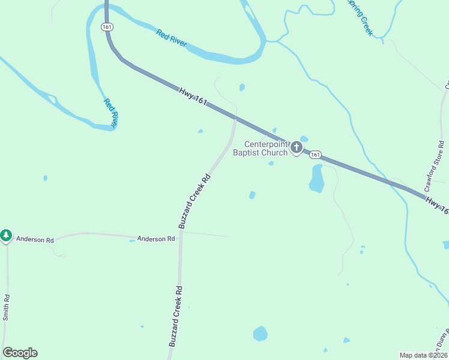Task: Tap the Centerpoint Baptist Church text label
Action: tap(267, 148)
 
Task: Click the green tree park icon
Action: tap(6, 236)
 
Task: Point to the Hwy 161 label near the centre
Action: tap(193, 97)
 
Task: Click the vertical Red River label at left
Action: tap(110, 112)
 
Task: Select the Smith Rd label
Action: tap(6, 307)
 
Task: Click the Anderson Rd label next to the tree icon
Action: tap(35, 239)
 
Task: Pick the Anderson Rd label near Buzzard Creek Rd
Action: tap(155, 239)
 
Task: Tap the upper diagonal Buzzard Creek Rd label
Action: tap(196, 201)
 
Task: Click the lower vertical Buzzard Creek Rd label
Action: tap(175, 316)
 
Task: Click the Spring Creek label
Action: tap(360, 17)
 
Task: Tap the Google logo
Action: tap(20, 353)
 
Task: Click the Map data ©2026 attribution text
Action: tap(423, 355)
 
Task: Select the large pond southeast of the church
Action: tap(316, 179)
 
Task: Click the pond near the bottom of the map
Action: tap(260, 334)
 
